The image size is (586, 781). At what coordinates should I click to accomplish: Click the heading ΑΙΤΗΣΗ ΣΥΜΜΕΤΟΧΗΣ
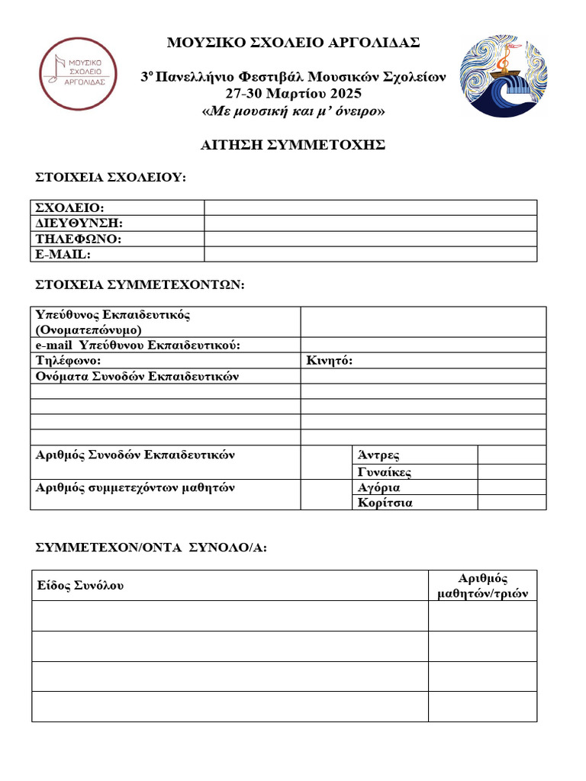pos(293,145)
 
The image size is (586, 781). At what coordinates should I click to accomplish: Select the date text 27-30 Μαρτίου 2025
pos(293,94)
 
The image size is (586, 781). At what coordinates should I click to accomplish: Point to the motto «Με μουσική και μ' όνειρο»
pos(293,111)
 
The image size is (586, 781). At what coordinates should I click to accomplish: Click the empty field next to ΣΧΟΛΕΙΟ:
pos(370,208)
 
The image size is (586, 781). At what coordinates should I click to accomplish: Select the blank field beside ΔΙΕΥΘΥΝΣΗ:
pos(370,223)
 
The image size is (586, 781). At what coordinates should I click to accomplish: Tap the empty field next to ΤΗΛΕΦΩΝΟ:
pos(370,239)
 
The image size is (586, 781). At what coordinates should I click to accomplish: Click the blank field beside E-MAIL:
pos(370,254)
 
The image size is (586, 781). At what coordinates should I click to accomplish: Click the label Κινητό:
pos(330,361)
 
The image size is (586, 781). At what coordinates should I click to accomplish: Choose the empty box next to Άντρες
pos(511,455)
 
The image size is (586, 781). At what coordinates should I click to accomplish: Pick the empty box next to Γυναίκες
pos(511,472)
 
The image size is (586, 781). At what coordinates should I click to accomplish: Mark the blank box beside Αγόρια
pos(511,487)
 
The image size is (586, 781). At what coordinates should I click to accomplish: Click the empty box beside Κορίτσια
pos(511,503)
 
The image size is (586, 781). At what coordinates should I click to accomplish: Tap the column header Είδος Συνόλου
pos(80,586)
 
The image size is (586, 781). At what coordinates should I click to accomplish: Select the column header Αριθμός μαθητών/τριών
pos(482,586)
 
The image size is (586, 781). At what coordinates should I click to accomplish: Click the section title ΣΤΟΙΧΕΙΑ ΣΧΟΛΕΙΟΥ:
pos(111,178)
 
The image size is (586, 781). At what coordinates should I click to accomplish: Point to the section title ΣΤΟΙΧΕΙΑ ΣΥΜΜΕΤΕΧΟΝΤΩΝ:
pos(140,284)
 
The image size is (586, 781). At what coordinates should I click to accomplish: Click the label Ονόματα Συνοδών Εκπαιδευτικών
pos(138,376)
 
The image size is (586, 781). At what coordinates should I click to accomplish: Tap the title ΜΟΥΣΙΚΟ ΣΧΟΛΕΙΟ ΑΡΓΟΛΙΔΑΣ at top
pos(293,42)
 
